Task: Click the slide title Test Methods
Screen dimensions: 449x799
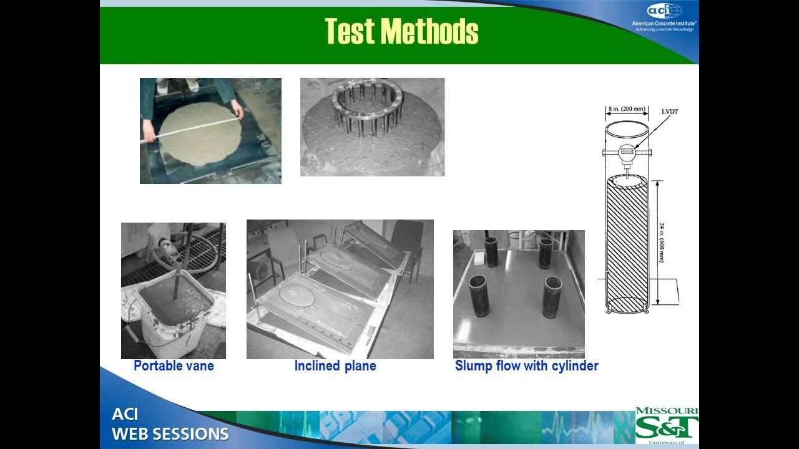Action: coord(401,31)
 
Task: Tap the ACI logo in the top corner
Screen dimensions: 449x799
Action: coord(664,11)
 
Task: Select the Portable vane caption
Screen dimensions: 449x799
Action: coord(174,366)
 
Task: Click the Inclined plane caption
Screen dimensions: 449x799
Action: coord(335,366)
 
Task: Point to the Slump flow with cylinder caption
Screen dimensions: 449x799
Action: coord(526,366)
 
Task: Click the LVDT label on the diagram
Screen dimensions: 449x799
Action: coord(670,112)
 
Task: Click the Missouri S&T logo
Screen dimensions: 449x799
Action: coord(667,425)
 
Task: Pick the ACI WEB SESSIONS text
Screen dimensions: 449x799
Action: coord(170,425)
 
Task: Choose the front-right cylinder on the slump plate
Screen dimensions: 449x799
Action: coord(552,297)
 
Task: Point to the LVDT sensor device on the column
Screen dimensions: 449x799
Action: coord(627,152)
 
